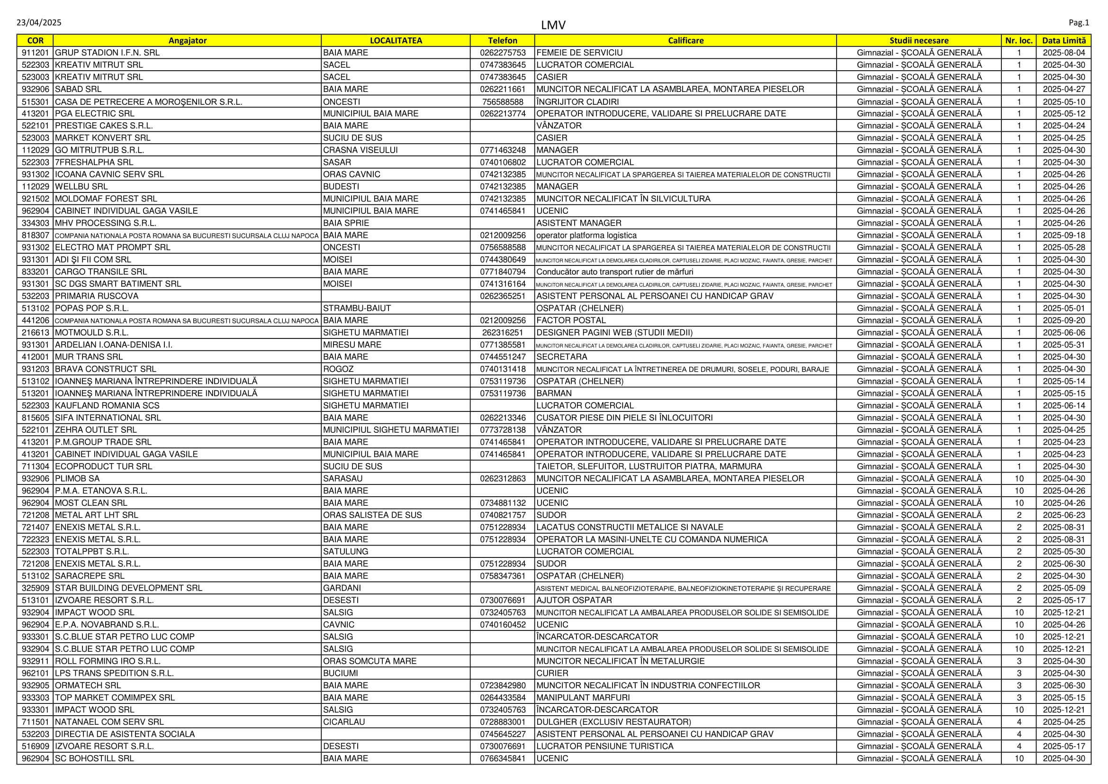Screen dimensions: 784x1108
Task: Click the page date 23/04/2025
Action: [x=38, y=23]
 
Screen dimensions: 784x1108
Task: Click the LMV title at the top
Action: [x=553, y=25]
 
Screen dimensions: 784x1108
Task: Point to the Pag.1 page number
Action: [x=1079, y=23]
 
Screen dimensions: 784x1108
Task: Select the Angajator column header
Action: [x=187, y=41]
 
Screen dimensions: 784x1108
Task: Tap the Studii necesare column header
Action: [x=919, y=41]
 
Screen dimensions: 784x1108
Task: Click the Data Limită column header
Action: [x=1063, y=41]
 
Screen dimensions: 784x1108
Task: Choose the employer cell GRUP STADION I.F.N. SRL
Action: [x=107, y=53]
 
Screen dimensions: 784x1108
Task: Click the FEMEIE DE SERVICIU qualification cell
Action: [x=579, y=53]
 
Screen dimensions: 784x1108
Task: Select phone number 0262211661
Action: [x=502, y=89]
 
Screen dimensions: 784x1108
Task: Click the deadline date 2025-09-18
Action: [x=1063, y=236]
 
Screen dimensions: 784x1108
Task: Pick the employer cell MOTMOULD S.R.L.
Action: [x=92, y=333]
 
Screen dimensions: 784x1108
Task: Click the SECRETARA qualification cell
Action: [x=562, y=357]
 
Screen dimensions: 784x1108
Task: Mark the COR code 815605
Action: [x=35, y=418]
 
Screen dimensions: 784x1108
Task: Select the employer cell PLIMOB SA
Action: [x=77, y=478]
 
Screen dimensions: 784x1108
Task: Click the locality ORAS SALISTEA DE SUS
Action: [x=372, y=515]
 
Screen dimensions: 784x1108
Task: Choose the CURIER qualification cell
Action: [x=552, y=673]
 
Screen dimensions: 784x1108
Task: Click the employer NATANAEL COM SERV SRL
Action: [x=109, y=722]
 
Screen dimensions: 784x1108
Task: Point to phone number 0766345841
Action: [x=502, y=758]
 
